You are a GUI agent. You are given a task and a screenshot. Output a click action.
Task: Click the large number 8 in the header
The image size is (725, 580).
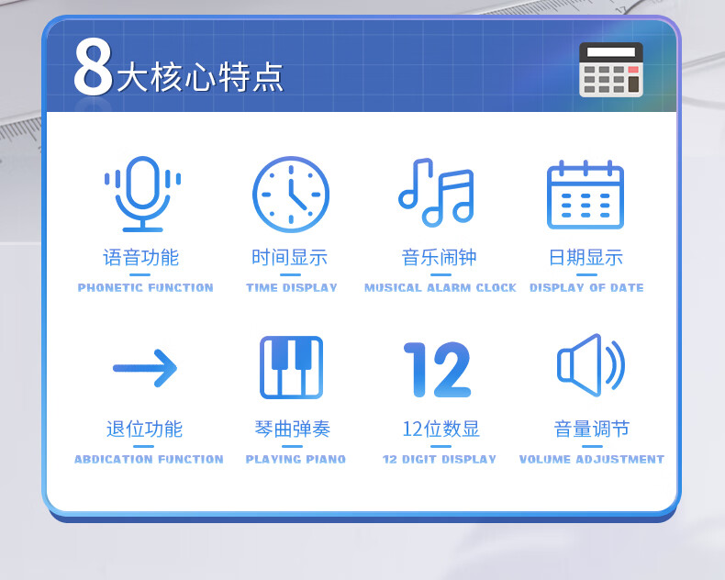tap(93, 67)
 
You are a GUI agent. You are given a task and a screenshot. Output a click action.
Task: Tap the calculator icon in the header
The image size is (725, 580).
tap(611, 70)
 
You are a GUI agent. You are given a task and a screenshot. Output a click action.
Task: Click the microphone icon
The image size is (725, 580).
tap(142, 194)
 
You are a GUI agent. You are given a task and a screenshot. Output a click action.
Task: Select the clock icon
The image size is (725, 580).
tap(291, 195)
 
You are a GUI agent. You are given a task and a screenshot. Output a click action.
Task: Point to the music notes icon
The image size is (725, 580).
tap(436, 193)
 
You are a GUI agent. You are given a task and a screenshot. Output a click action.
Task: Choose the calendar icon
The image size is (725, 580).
tap(586, 195)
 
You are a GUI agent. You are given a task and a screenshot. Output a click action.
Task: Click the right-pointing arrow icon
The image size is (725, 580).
tap(145, 368)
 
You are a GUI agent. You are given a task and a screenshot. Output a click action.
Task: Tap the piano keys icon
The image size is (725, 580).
tap(291, 367)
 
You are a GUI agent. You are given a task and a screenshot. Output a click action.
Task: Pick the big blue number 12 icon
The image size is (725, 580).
tap(437, 370)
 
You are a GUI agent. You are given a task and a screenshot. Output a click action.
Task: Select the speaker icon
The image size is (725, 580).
tap(591, 365)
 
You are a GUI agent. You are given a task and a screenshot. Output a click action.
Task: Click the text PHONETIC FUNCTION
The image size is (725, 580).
tap(145, 287)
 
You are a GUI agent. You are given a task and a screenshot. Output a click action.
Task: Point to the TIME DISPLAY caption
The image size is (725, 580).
tap(291, 287)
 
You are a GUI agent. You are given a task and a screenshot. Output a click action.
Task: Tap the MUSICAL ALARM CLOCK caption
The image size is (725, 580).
tap(441, 287)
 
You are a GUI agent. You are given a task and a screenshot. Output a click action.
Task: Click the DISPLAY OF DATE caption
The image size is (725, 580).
tap(586, 287)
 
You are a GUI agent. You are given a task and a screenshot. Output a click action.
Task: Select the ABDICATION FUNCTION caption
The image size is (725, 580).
tap(149, 459)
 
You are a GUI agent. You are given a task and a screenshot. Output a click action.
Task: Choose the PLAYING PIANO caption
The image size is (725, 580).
tap(296, 459)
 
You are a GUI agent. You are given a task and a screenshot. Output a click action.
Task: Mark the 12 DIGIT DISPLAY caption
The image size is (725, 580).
tap(440, 459)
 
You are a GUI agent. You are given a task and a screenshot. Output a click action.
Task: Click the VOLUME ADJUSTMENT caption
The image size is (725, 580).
tap(591, 459)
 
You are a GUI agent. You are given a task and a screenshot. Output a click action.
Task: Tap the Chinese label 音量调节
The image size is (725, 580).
tap(591, 429)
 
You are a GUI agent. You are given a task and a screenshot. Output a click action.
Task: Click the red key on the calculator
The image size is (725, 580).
tap(633, 70)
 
